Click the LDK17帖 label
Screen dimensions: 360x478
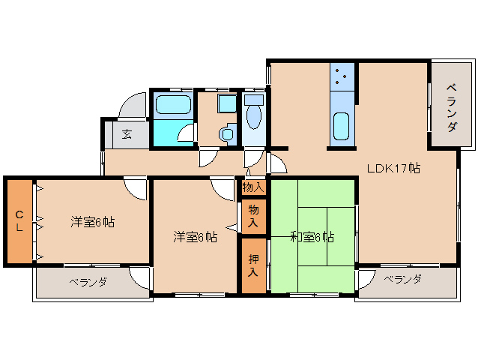393,168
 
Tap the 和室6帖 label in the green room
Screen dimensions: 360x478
312,238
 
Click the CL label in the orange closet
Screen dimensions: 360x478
19,221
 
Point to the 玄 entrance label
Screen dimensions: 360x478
127,135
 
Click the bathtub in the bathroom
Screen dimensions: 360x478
172,105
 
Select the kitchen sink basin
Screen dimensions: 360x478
341,126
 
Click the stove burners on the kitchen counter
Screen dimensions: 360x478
341,76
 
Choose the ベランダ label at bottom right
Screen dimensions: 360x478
402,279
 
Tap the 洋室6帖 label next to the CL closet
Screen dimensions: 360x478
93,222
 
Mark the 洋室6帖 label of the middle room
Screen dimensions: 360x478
196,237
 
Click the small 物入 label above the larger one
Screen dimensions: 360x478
253,187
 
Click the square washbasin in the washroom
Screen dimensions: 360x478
226,104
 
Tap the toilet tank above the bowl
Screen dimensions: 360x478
253,99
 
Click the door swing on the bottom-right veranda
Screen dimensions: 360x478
366,280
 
